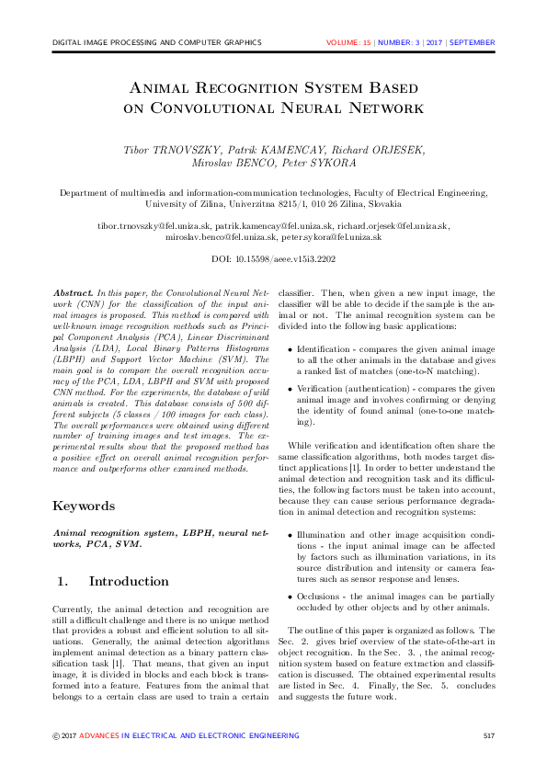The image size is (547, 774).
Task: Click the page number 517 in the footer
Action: coord(489,735)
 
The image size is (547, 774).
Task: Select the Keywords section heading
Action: coord(85,506)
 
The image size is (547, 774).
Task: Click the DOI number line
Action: coord(273,260)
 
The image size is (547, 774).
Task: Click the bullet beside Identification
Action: coord(291,350)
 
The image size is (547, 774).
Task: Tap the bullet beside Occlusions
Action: coord(291,597)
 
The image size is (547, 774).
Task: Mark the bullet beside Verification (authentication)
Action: coord(291,390)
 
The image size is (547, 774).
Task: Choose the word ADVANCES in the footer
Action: coord(99,735)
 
